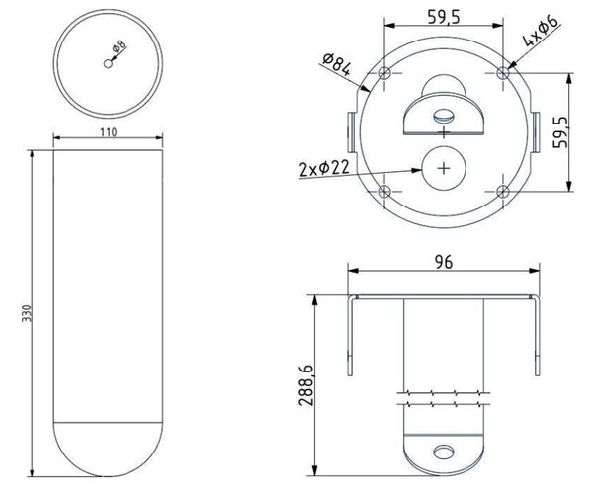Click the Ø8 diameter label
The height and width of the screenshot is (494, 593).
pos(120,46)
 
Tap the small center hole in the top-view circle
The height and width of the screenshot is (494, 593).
pos(108,64)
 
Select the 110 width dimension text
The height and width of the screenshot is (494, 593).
pos(108,132)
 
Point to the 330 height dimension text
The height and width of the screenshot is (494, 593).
pos(27,313)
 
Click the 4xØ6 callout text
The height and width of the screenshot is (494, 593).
pos(541,31)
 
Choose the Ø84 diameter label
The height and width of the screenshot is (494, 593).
pos(336,64)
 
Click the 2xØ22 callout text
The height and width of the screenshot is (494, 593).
pos(324,169)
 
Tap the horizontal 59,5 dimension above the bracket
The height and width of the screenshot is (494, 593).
pos(444,17)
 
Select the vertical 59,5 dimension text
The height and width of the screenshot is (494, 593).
pos(560,132)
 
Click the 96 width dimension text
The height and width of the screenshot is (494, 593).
pos(444,262)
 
